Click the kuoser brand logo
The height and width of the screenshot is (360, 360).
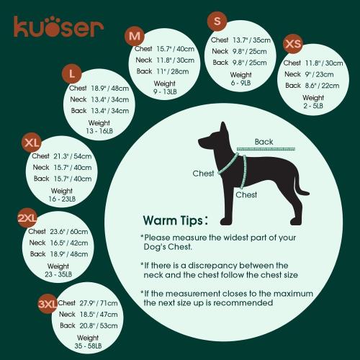58,27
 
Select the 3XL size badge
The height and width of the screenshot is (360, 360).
48,305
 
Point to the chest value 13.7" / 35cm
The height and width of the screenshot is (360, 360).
251,40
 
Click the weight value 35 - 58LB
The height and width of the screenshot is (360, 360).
88,346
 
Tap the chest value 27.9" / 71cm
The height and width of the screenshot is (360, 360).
99,303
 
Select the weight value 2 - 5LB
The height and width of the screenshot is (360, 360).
312,106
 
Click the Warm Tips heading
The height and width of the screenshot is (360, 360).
176,220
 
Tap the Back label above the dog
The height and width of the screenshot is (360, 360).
264,142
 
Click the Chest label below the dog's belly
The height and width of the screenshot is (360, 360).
246,194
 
